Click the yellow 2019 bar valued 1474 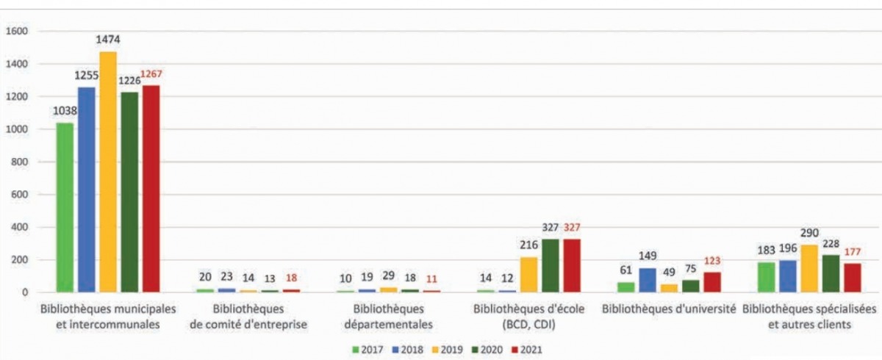[108, 172]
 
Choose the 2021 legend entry [525, 350]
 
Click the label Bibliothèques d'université [669, 309]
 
